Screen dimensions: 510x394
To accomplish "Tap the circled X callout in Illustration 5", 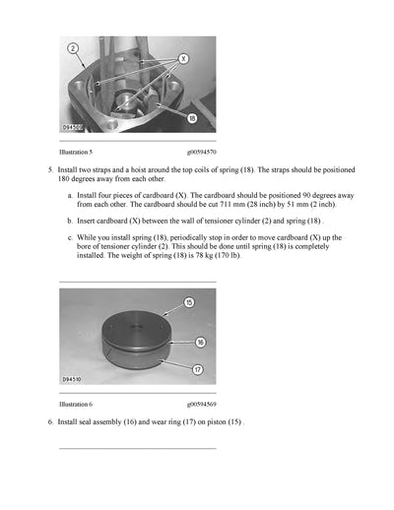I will [x=185, y=58].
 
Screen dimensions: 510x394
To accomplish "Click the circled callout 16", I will [x=200, y=342].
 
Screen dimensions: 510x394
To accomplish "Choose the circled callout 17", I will [x=198, y=370].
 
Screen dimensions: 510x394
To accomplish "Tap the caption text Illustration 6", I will [x=76, y=404].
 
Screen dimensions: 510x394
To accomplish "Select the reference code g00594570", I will [x=202, y=153].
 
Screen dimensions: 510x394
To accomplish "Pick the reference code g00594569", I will [x=202, y=404].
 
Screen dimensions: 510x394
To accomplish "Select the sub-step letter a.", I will [x=69, y=196].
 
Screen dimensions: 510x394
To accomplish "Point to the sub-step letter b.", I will [x=69, y=222].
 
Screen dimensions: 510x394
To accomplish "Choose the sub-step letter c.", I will [x=69, y=238].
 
